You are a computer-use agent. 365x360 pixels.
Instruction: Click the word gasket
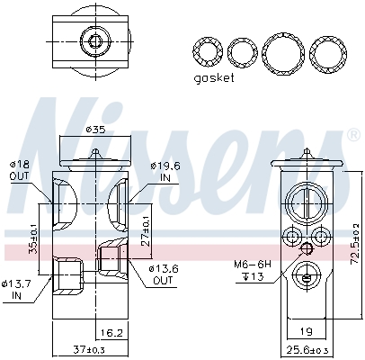214,78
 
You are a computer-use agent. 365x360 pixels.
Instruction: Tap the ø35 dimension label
96,130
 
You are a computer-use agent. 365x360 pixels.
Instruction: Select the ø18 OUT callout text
20,170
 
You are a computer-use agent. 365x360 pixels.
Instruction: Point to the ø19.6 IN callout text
165,172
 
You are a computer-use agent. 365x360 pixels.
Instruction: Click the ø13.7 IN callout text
16,289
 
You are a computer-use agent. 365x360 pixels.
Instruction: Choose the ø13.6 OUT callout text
164,274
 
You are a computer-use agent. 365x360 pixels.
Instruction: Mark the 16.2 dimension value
111,333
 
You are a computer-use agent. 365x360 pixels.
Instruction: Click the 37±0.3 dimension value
89,349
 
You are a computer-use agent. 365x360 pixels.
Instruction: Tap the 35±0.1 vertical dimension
33,238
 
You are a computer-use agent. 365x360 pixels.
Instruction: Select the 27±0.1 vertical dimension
146,230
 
